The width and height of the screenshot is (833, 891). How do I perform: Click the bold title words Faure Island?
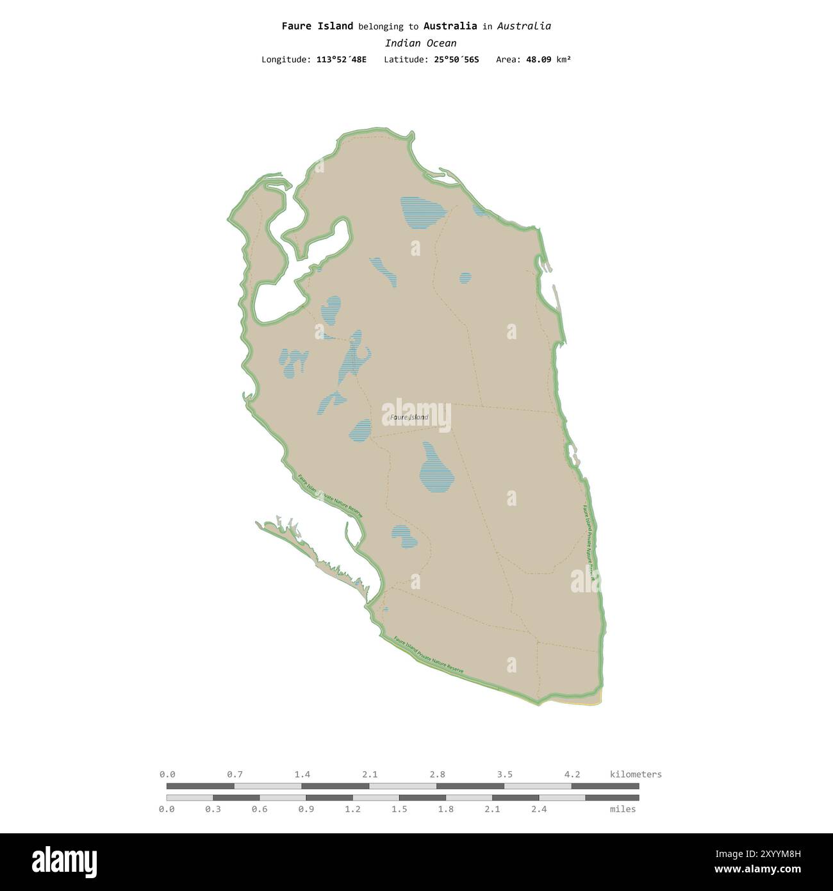pos(317,26)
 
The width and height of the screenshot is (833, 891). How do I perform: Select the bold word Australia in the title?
pos(450,26)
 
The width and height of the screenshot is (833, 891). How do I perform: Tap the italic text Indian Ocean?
pos(420,43)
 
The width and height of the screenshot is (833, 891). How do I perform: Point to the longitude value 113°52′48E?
pos(342,60)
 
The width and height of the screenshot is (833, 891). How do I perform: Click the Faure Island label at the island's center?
pos(409,417)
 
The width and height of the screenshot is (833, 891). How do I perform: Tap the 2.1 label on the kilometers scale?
pos(370,774)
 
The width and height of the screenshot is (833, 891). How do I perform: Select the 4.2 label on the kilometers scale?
pos(572,774)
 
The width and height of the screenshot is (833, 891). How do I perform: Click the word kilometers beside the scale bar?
pos(636,774)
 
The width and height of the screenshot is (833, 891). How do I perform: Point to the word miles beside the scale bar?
pos(623,809)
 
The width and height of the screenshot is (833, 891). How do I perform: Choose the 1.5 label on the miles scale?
pos(399,809)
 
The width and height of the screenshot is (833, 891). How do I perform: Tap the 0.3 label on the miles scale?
pos(213,809)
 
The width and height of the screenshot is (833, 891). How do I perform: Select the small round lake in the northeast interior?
pos(465,278)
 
